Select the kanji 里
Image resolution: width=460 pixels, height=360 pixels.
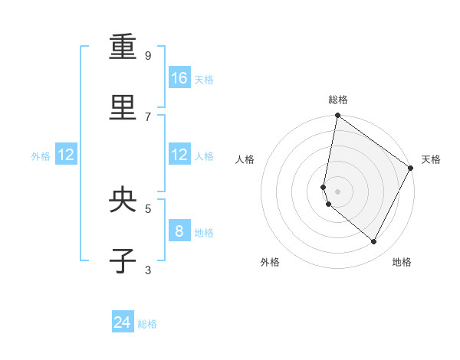pyautogui.click(x=123, y=108)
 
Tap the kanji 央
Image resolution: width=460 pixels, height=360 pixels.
pyautogui.click(x=123, y=200)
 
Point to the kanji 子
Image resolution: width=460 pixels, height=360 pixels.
pyautogui.click(x=123, y=261)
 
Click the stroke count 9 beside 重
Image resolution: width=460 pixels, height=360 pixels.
pyautogui.click(x=148, y=55)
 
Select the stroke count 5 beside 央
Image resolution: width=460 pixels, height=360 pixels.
pyautogui.click(x=148, y=208)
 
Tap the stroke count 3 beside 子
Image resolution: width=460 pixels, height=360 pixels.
pyautogui.click(x=148, y=269)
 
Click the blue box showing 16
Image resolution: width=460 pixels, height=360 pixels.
pyautogui.click(x=179, y=78)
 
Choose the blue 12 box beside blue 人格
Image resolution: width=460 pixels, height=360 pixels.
pyautogui.click(x=179, y=155)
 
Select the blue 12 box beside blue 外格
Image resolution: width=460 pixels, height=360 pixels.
pyautogui.click(x=66, y=155)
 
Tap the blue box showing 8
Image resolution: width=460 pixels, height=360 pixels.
pyautogui.click(x=179, y=231)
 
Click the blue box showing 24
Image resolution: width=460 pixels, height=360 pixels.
pyautogui.click(x=123, y=323)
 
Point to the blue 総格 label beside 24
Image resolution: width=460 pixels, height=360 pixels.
pyautogui.click(x=147, y=324)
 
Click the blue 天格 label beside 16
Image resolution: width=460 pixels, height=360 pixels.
pyautogui.click(x=204, y=79)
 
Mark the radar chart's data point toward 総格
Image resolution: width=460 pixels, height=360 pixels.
pyautogui.click(x=337, y=116)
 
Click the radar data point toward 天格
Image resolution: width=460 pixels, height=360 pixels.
pyautogui.click(x=411, y=169)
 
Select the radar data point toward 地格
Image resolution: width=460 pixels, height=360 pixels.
pyautogui.click(x=374, y=242)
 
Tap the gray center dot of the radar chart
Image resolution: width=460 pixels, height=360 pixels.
pyautogui.click(x=337, y=191)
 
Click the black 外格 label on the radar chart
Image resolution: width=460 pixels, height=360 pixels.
pyautogui.click(x=270, y=262)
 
